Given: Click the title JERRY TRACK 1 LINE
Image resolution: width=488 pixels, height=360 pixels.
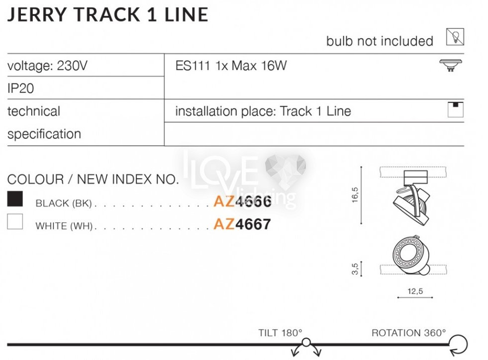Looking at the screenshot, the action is tap(107, 14).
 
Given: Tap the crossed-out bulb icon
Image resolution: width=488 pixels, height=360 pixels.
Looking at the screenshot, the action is tap(455, 37).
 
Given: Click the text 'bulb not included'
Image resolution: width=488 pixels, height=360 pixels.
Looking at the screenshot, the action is tap(380, 41).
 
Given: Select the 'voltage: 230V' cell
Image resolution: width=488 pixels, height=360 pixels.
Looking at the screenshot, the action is tap(47, 66).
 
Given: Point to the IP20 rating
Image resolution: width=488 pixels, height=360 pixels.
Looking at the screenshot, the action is tap(20, 89).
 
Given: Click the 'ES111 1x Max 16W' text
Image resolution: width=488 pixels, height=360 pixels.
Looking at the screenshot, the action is tap(231, 66).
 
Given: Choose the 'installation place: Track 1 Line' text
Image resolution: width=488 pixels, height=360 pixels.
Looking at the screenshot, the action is tap(263, 111).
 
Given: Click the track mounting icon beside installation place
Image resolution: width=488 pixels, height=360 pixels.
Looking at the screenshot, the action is tap(455, 110).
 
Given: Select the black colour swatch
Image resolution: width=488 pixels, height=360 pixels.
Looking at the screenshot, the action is tap(15, 199).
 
